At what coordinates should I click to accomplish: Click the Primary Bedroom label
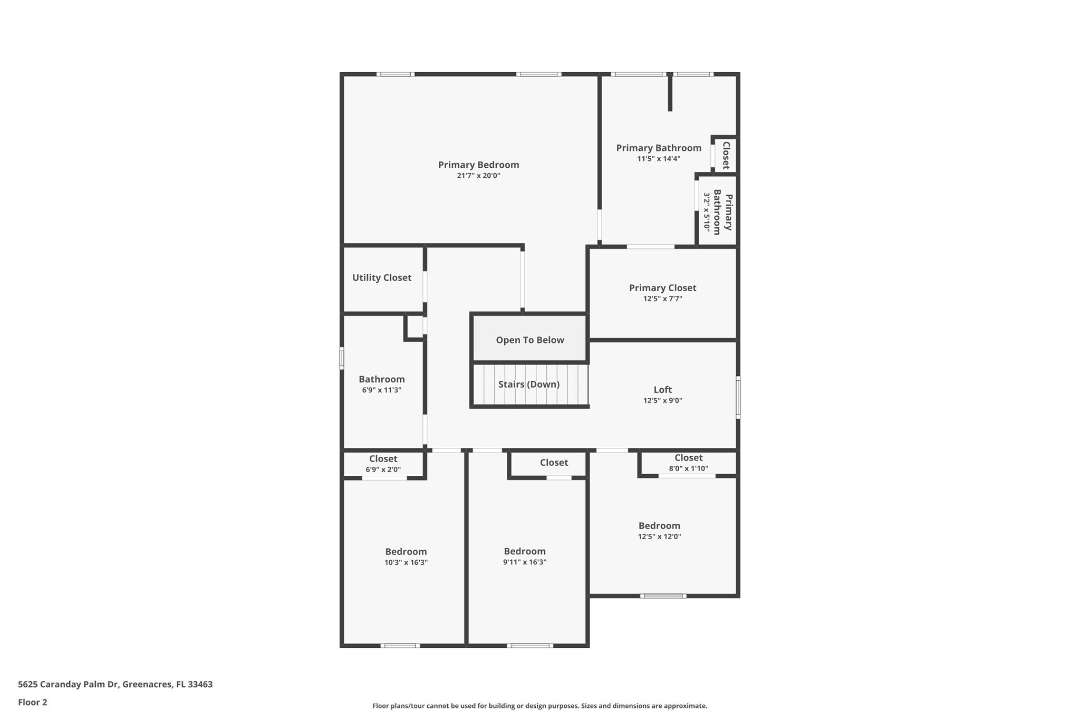(x=478, y=165)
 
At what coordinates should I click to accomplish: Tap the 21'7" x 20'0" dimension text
(x=478, y=176)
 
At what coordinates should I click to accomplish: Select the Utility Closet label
(x=382, y=277)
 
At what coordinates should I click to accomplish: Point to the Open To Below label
(x=530, y=340)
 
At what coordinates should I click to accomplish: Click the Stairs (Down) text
(x=529, y=385)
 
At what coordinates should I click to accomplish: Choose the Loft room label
(x=663, y=390)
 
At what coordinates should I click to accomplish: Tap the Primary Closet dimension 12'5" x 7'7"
(x=663, y=299)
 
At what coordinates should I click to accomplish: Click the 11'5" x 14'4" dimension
(x=659, y=159)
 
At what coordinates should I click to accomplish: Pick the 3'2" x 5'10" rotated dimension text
(x=707, y=212)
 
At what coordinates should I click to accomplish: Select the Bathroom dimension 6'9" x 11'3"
(x=382, y=390)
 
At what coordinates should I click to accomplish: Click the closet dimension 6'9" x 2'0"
(x=383, y=469)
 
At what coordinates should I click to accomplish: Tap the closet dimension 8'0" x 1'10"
(x=689, y=468)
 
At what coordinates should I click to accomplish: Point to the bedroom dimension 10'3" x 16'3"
(x=406, y=563)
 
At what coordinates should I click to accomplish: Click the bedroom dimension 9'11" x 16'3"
(x=525, y=562)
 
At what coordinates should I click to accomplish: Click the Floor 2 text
(x=33, y=702)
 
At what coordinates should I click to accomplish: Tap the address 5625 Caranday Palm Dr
(x=69, y=685)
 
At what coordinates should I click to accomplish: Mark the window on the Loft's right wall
(x=738, y=397)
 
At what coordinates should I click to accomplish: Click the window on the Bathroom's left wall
(x=342, y=358)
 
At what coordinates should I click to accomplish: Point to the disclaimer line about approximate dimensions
(x=540, y=706)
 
